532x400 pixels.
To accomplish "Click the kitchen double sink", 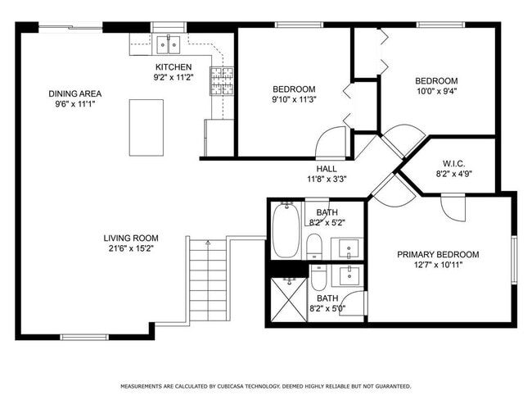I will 168,43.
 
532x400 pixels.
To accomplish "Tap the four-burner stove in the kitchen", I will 222,80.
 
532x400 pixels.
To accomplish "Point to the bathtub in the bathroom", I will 286,230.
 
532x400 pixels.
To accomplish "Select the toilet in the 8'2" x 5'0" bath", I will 318,279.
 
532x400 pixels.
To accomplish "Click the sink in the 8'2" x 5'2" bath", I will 349,247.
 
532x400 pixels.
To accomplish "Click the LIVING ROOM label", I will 130,238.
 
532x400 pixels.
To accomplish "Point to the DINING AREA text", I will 74,94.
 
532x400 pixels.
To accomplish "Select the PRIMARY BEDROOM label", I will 438,255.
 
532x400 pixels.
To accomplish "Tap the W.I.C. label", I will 453,162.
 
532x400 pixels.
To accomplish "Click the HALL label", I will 327,169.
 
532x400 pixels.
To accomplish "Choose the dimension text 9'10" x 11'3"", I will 294,99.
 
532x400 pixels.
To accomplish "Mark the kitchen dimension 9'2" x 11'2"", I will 174,78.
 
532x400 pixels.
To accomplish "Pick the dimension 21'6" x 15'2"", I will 130,248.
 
